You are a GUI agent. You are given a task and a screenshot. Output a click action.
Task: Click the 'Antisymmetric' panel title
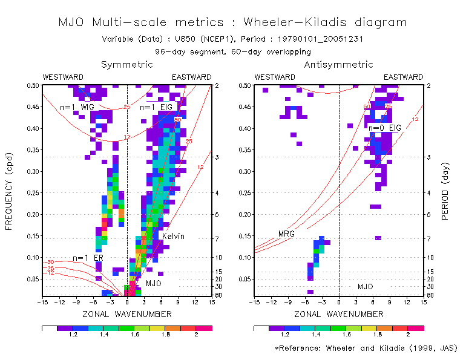coord(338,64)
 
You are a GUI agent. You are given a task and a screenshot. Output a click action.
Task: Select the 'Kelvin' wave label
coord(173,236)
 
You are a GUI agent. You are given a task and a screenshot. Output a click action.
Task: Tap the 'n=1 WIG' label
coord(77,107)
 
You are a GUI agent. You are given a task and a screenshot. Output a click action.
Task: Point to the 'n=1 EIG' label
coord(156,107)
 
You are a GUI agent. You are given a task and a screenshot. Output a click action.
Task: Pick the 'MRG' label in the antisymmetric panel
coord(286,234)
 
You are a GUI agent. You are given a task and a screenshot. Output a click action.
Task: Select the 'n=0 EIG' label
coord(385,128)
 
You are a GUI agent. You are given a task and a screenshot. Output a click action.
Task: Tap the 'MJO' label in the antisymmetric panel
coord(366,286)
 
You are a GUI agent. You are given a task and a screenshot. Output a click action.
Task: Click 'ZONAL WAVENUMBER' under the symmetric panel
coord(126,314)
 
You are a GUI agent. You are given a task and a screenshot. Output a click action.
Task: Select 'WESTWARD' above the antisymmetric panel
coord(274,77)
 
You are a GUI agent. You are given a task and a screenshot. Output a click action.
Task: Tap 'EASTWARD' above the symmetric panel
coord(191,77)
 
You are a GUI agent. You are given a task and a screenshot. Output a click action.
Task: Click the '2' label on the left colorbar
coord(195,333)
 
